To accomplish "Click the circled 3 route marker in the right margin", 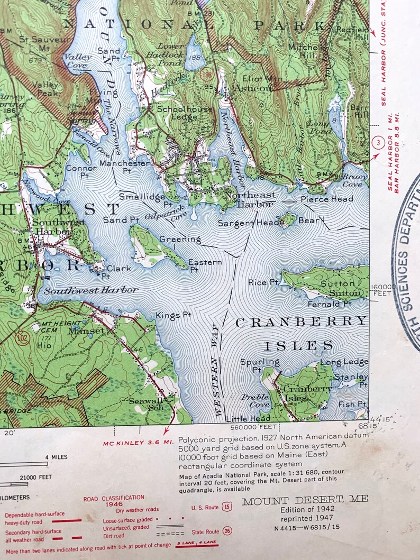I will pos(377,143).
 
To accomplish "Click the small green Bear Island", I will pos(288,219).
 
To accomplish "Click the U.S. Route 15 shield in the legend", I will pos(227,507).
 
